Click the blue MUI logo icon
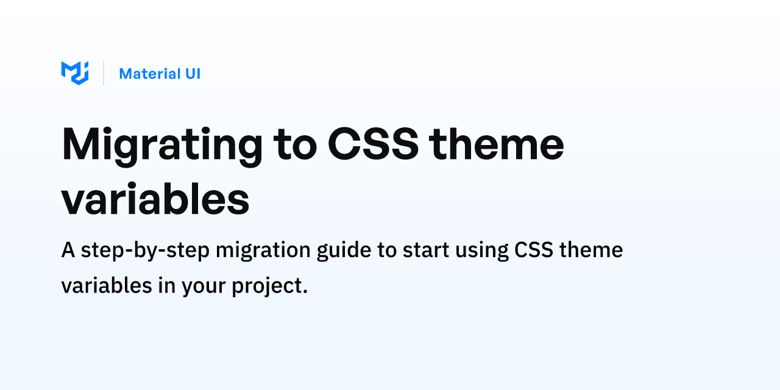point(75,73)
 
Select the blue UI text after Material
point(193,74)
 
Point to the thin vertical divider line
point(104,73)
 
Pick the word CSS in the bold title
point(373,144)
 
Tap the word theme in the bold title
point(497,144)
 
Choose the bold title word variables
point(155,199)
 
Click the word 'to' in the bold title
point(296,146)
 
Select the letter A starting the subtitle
point(68,250)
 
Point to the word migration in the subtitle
point(263,250)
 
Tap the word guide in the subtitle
point(344,250)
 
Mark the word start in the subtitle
point(426,250)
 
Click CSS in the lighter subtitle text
point(534,250)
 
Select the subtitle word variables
point(107,286)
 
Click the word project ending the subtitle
point(270,287)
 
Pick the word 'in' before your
point(167,286)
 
